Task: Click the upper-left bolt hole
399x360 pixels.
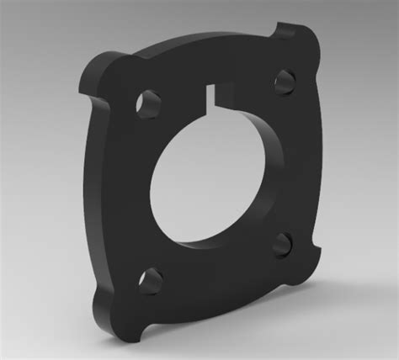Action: (x=151, y=101)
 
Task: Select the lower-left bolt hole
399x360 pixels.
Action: (x=151, y=278)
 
